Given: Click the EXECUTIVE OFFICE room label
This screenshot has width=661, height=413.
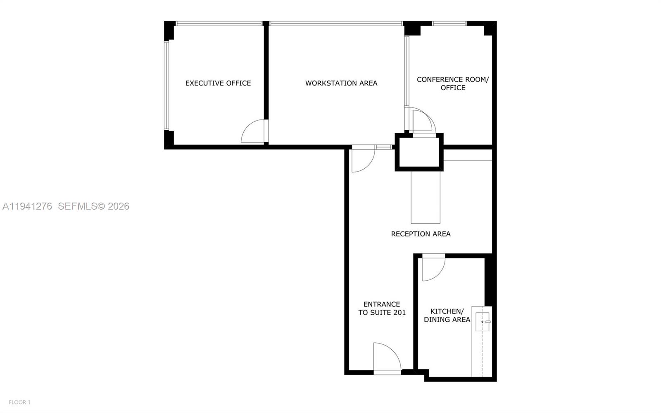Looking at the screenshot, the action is [x=218, y=83].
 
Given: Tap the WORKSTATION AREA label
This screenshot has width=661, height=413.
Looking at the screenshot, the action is [x=341, y=83].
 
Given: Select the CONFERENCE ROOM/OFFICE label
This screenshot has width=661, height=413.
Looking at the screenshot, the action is [x=453, y=84].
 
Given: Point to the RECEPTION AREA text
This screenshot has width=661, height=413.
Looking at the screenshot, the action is [x=421, y=234].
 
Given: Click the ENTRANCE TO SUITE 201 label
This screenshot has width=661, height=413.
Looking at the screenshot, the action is [x=382, y=308].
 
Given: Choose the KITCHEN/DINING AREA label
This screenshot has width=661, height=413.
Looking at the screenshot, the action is [x=447, y=315].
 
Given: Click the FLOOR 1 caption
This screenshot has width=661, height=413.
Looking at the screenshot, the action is [x=19, y=402].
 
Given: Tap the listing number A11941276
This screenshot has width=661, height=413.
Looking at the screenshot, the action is [x=27, y=206].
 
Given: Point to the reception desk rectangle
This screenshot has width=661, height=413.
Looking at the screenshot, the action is [x=426, y=197].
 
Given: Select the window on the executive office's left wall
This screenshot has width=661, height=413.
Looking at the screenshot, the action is [x=166, y=85].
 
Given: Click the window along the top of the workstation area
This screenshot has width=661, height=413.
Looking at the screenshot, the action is [x=336, y=23].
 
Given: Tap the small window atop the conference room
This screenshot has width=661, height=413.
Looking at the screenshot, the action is [x=449, y=23].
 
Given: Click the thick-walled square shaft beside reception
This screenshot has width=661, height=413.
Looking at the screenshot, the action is [x=419, y=152].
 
